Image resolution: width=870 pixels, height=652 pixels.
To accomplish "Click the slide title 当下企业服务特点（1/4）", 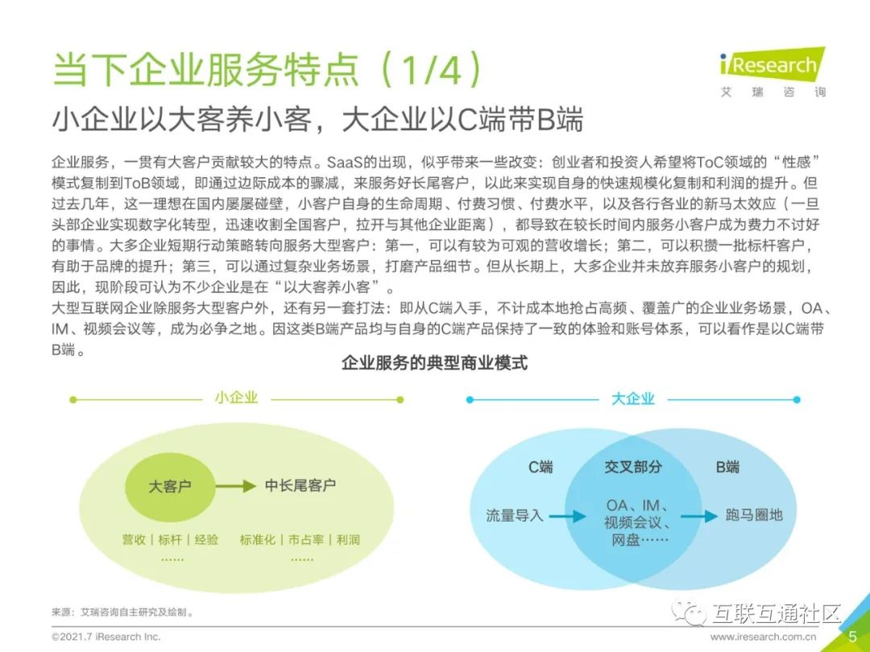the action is pos(267,69).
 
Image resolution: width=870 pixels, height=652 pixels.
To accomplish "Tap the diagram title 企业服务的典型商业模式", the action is pos(434,363).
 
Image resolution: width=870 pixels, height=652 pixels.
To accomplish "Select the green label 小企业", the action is pos(236,398).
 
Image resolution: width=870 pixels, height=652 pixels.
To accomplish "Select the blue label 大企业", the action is pos(632,398).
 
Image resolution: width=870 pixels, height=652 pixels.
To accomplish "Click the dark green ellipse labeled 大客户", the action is pos(170,486).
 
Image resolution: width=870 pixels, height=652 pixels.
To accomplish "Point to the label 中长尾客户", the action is pos(300,485).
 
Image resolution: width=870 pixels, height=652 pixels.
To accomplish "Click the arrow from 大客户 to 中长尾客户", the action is pos(234,486).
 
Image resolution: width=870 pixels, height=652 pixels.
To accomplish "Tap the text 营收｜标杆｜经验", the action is pos(170,539).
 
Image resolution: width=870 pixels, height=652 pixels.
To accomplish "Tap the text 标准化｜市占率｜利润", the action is pos(300,539).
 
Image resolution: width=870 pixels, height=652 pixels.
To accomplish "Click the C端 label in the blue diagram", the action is pos(540,467).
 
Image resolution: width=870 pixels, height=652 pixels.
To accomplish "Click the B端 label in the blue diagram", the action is pos(727,467).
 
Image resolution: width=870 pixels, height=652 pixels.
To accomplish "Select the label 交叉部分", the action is pos(633,467).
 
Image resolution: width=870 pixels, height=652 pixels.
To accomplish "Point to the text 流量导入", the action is pos(515,515).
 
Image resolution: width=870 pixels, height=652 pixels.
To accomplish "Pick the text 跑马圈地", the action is pos(753,515).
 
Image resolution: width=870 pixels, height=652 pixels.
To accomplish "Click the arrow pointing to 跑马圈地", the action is pos(698,516).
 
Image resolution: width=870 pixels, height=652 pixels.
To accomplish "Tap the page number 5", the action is pos(852,636).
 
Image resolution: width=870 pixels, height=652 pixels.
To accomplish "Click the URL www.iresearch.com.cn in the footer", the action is pos(763,637).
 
